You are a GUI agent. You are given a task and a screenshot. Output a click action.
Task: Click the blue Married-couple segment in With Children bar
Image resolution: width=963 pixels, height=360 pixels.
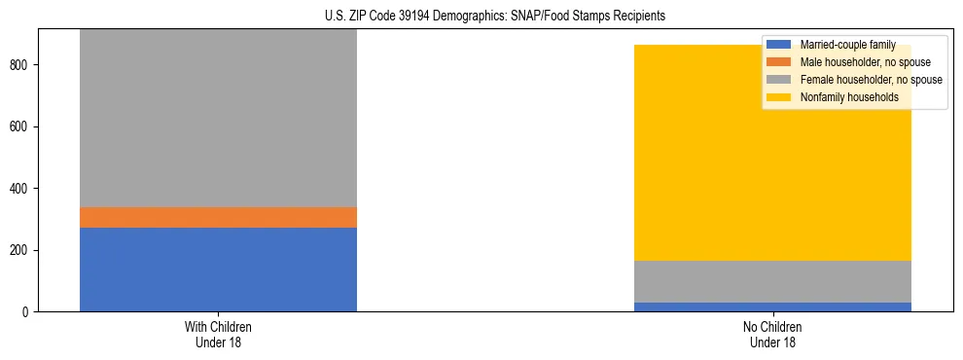(218, 270)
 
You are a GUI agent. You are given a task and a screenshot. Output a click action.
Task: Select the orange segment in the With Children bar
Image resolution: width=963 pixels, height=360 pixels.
(218, 217)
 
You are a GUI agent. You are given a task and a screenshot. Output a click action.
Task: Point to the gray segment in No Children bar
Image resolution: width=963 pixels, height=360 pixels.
(772, 281)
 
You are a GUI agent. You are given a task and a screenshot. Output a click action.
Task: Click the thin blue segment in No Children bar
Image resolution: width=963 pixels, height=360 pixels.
(772, 306)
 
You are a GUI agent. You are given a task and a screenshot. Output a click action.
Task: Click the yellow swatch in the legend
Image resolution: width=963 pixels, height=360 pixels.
(780, 97)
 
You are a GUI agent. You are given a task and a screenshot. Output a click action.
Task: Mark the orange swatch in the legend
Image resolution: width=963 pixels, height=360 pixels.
(780, 62)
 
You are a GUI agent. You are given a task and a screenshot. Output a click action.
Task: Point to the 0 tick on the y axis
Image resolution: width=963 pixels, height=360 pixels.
(28, 312)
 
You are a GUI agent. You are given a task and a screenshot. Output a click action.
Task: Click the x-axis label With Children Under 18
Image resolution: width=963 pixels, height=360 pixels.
(218, 335)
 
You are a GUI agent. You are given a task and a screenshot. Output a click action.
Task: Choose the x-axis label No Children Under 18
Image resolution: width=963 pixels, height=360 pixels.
(772, 335)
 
